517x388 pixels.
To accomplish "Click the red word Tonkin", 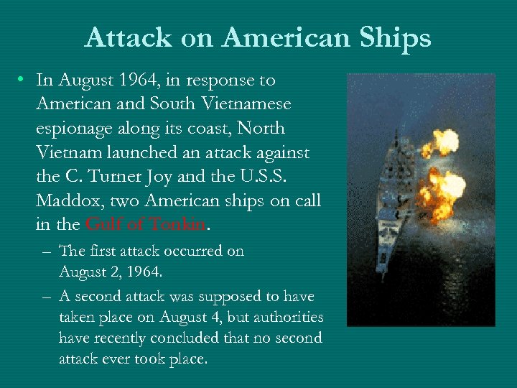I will (177, 225).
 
